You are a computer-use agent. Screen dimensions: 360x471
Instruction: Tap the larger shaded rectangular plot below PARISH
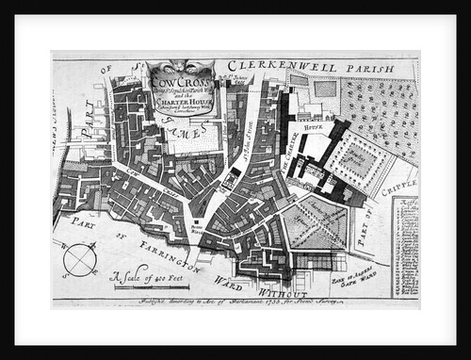coord(324,89)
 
